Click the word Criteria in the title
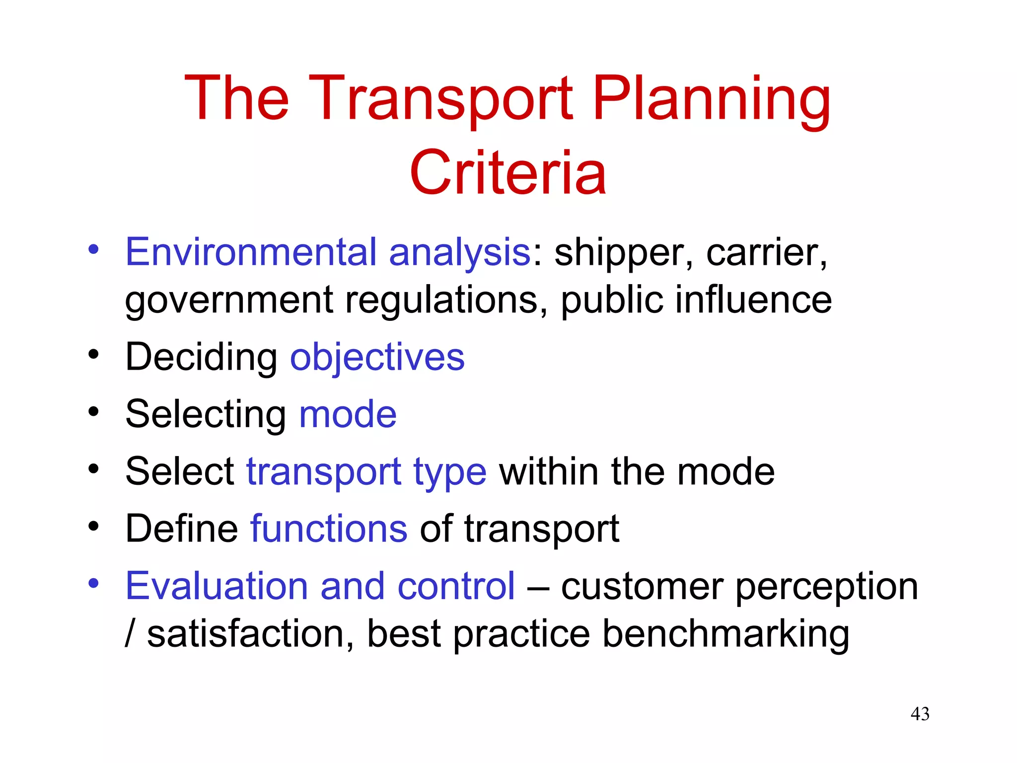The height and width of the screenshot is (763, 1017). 508,173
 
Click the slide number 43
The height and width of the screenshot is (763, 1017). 920,714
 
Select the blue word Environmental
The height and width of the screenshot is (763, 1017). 251,252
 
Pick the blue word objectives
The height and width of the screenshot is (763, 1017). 377,358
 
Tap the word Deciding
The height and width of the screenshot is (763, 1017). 201,358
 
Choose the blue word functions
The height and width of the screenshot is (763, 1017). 329,528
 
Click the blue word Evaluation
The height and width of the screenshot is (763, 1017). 217,586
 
